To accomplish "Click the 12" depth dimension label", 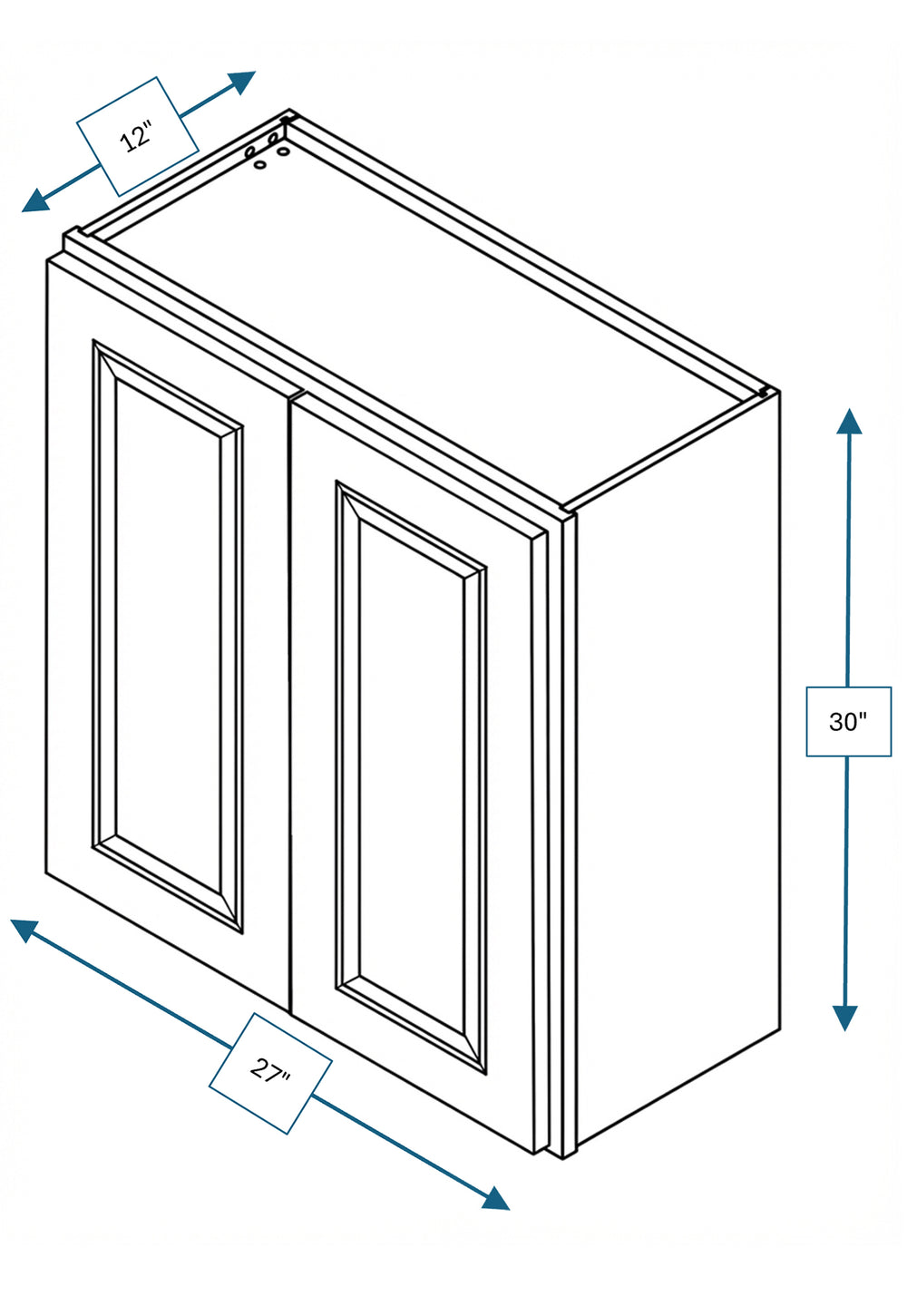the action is [137, 137].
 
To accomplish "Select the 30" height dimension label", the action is [848, 721].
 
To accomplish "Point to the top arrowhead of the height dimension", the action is [849, 421].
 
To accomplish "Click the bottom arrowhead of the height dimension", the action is [845, 1018].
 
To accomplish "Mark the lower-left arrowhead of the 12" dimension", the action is [36, 200].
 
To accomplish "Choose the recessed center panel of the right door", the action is [411, 776].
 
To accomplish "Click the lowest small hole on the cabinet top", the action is [261, 165].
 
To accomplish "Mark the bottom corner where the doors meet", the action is [290, 1011].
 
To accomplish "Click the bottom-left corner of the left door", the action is [45, 872].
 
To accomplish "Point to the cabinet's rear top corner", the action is [290, 110].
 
